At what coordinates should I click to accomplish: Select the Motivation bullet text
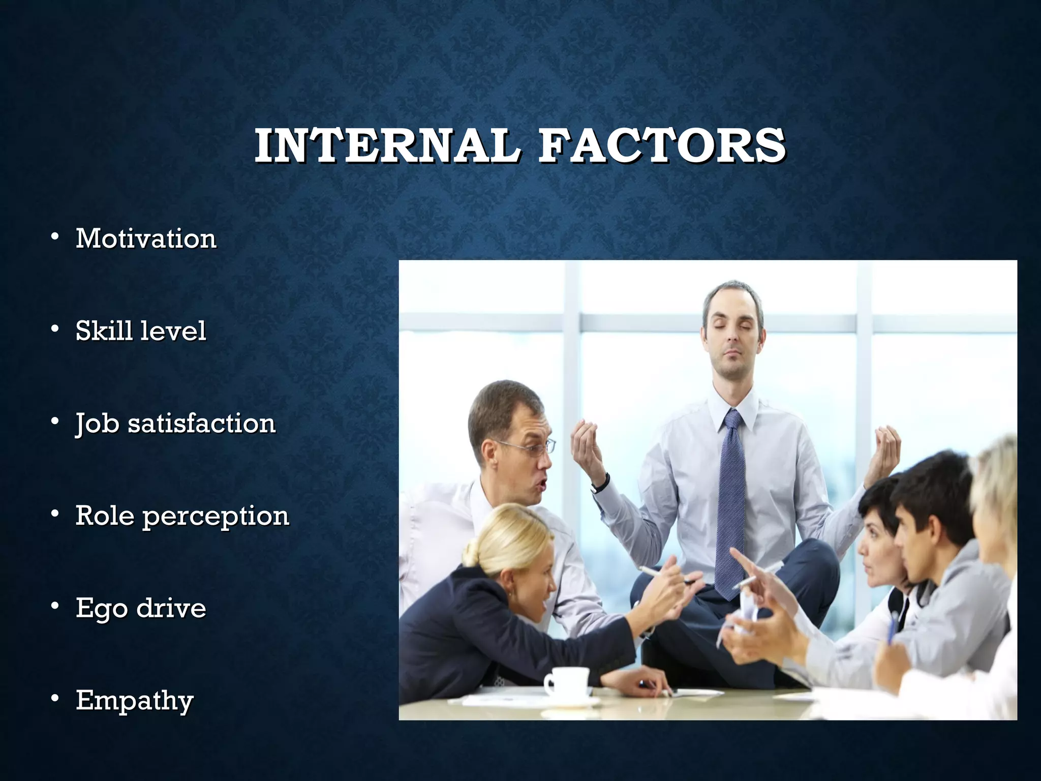pyautogui.click(x=146, y=238)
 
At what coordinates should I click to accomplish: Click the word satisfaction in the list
pyautogui.click(x=201, y=423)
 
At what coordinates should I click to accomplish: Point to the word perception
pyautogui.click(x=216, y=517)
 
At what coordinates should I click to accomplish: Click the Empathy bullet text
pyautogui.click(x=135, y=701)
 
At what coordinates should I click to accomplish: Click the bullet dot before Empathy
pyautogui.click(x=55, y=700)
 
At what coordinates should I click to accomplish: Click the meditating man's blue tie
pyautogui.click(x=730, y=498)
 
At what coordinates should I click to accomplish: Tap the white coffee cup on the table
pyautogui.click(x=567, y=681)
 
